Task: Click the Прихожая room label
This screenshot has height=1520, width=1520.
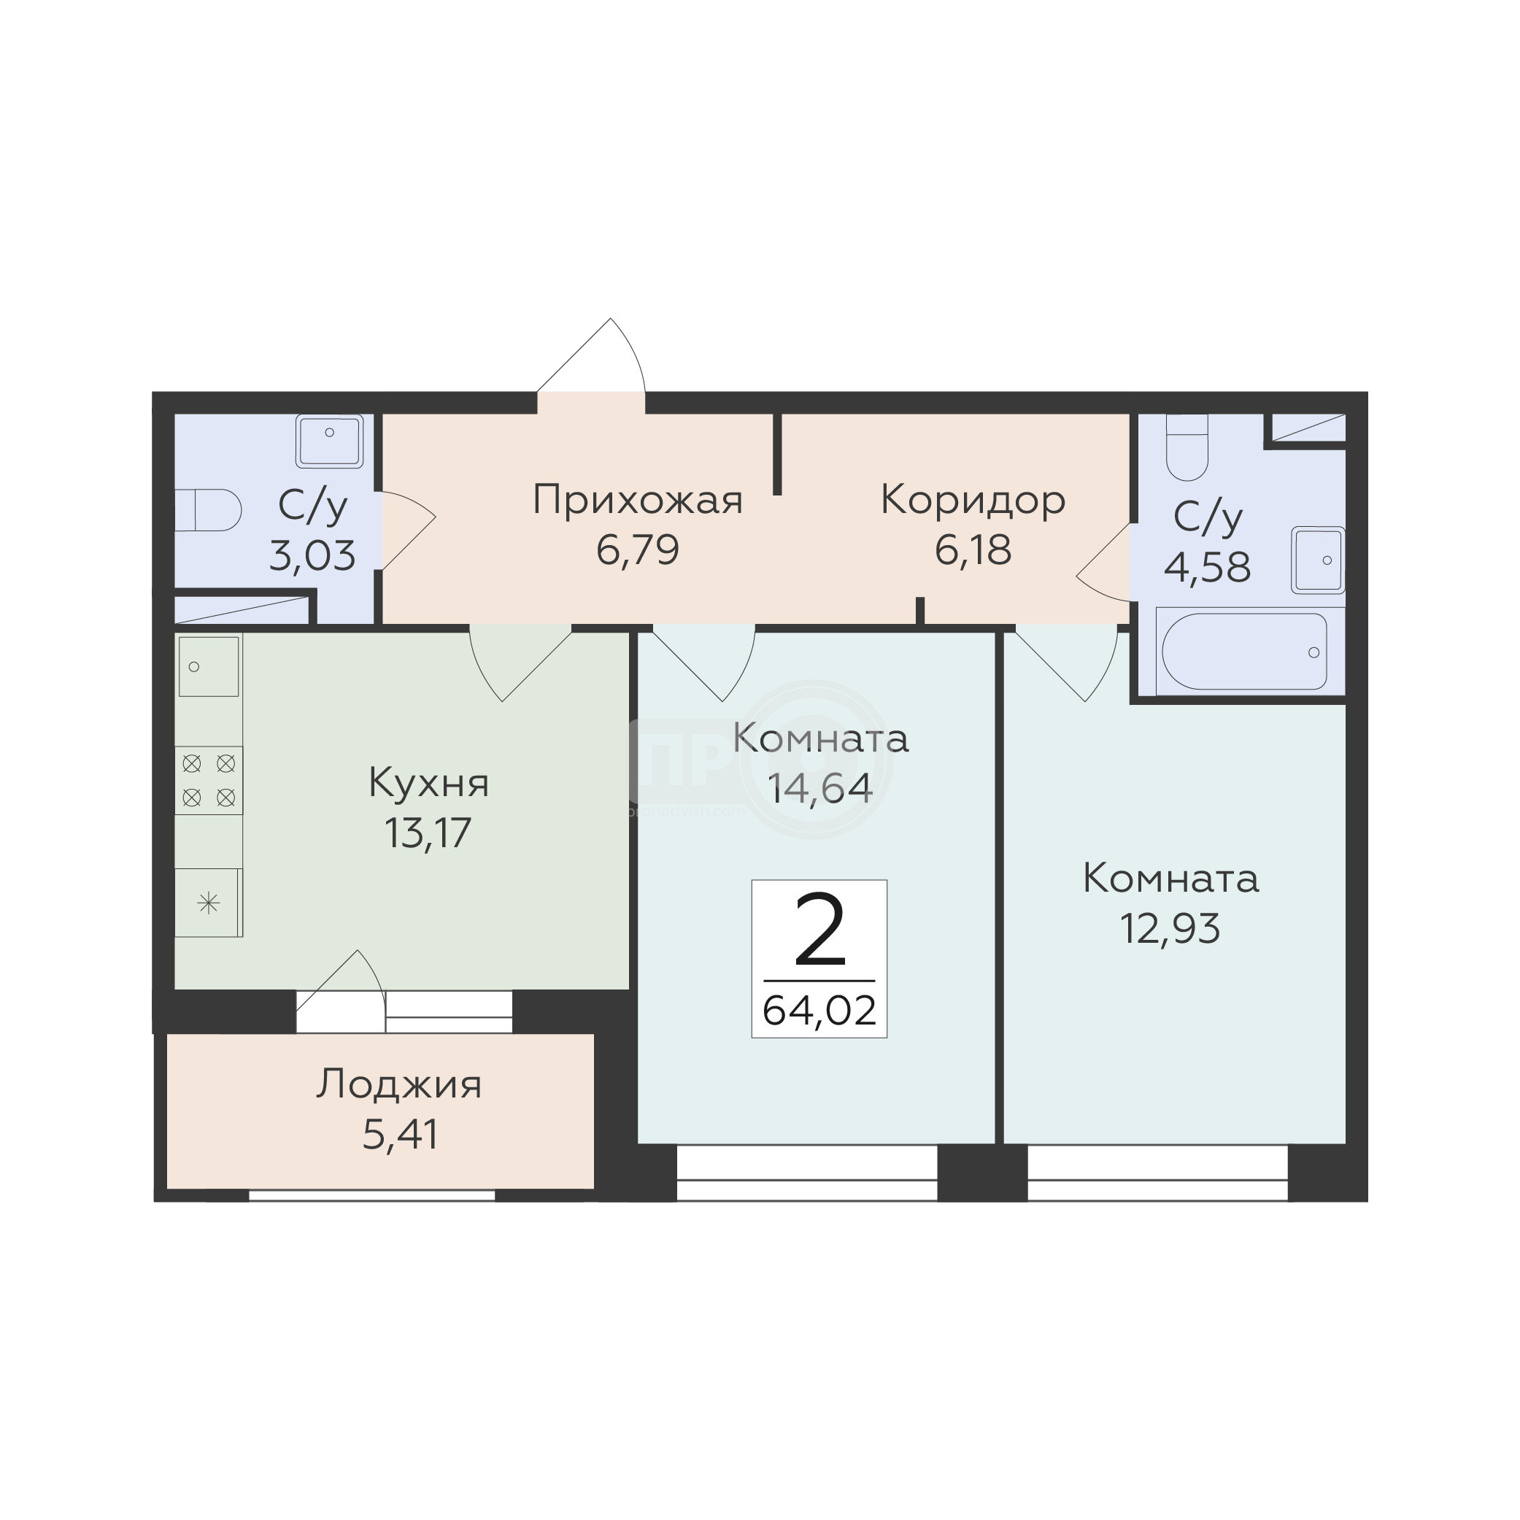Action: (x=637, y=501)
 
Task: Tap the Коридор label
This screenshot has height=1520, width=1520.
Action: (x=973, y=499)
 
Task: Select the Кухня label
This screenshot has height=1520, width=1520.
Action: (x=429, y=783)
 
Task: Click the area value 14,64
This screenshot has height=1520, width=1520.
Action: (x=819, y=787)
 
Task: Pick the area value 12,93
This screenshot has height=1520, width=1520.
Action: (x=1170, y=928)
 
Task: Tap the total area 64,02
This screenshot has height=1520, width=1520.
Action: (x=819, y=1011)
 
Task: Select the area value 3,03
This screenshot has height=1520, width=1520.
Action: (x=312, y=555)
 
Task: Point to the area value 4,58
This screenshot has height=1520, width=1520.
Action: (x=1207, y=567)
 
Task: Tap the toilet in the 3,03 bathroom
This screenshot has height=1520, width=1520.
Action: (x=208, y=511)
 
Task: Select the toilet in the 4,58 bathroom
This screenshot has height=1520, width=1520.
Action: (x=1187, y=447)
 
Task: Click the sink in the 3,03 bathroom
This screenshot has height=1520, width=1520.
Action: (x=330, y=442)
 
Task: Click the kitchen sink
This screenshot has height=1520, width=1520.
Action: (x=209, y=666)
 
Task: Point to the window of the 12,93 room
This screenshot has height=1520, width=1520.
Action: (x=1157, y=1172)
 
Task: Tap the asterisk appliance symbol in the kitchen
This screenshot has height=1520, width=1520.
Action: (x=209, y=903)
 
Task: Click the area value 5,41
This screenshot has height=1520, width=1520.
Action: (x=400, y=1135)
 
